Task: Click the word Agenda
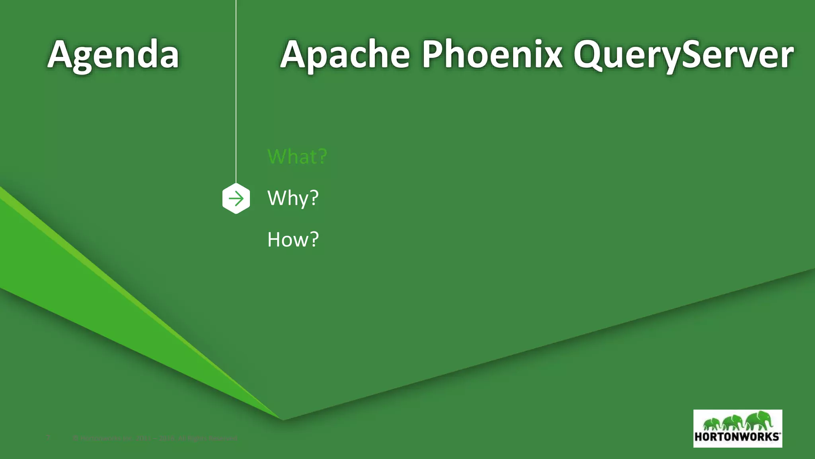(x=113, y=55)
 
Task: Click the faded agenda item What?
(x=297, y=156)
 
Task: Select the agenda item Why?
(x=293, y=198)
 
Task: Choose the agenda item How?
(x=293, y=239)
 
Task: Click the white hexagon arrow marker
(x=236, y=199)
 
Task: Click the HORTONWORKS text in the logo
(x=737, y=437)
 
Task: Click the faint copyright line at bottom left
(x=155, y=439)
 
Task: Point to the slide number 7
(x=49, y=438)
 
